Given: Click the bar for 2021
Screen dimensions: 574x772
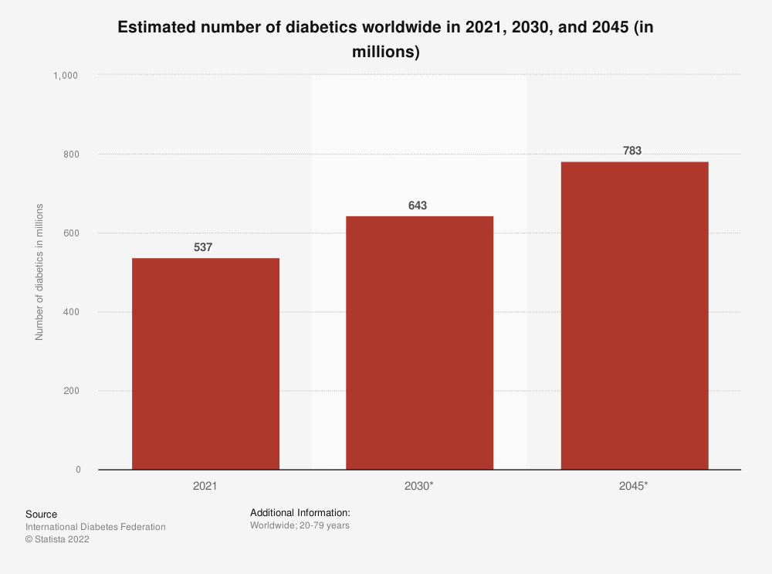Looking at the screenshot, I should click(x=205, y=363).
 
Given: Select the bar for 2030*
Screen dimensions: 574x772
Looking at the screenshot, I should click(x=419, y=342).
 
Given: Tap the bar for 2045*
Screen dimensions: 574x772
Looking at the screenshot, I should click(x=634, y=315).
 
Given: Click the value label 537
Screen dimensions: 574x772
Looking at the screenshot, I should click(x=203, y=248).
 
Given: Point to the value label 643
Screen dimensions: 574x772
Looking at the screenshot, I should click(x=418, y=205).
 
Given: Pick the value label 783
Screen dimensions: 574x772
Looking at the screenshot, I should click(x=632, y=151).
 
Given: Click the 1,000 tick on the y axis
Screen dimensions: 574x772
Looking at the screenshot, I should click(x=66, y=76).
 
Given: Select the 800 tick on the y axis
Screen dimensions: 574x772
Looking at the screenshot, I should click(x=73, y=155).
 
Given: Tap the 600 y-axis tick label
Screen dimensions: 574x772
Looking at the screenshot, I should click(x=73, y=233).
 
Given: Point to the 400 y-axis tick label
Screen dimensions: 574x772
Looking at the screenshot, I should click(x=73, y=312).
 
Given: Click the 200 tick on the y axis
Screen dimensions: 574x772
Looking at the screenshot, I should click(x=73, y=391).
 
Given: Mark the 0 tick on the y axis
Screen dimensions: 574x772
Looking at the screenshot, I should click(x=78, y=470).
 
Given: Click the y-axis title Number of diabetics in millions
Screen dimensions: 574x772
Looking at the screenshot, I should click(x=39, y=271).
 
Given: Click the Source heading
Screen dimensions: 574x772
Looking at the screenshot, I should click(x=41, y=514).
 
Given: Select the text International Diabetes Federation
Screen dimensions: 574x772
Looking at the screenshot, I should click(x=95, y=527).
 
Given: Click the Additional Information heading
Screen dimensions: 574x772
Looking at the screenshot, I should click(x=300, y=512).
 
